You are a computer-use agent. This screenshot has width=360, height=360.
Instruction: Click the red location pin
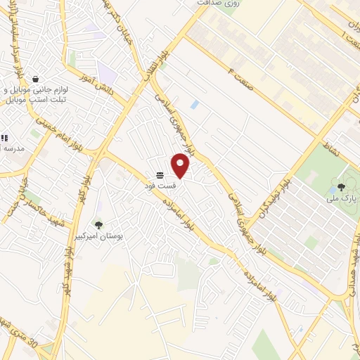tap(181, 165)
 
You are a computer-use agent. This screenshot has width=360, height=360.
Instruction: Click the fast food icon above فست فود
tap(160, 174)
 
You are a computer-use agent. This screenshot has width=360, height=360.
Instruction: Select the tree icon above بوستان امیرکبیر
tap(98, 225)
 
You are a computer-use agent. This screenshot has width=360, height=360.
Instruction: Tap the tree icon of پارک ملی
tap(341, 187)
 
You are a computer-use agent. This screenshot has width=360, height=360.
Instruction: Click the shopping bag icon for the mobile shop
tap(35, 79)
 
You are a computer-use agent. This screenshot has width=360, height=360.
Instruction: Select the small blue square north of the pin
tap(195, 105)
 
